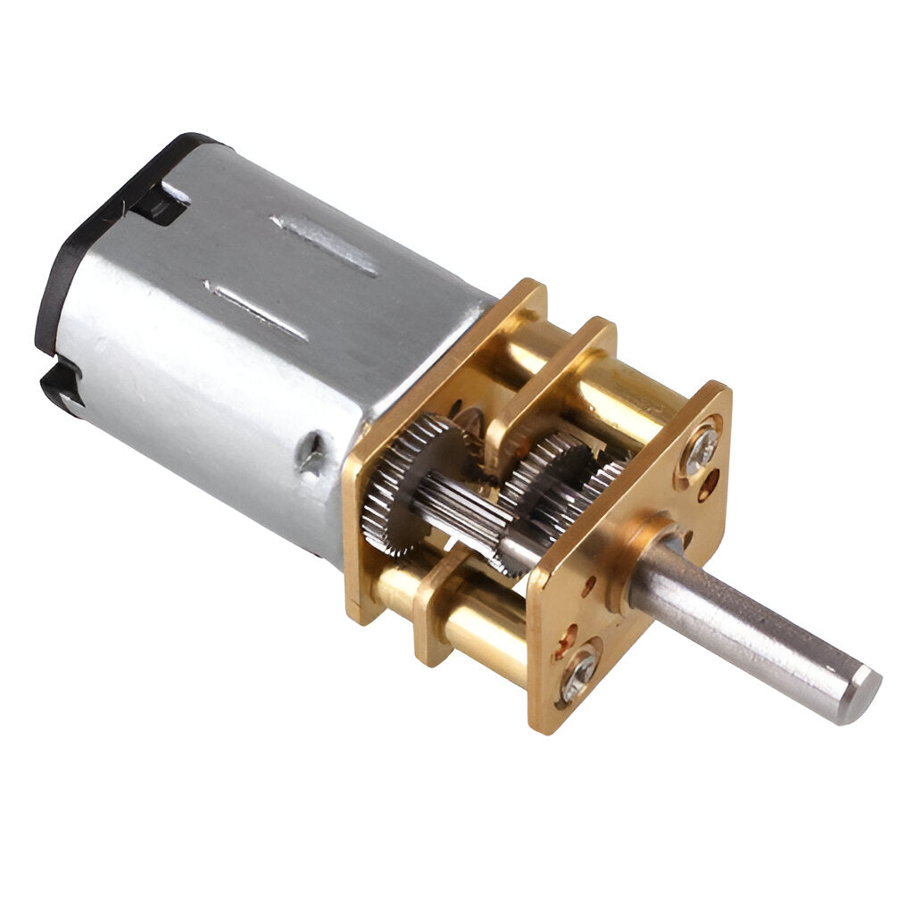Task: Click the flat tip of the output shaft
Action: pyautogui.click(x=861, y=694)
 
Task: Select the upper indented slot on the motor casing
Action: pyautogui.click(x=326, y=244)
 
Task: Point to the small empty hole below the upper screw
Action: pyautogui.click(x=708, y=487)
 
